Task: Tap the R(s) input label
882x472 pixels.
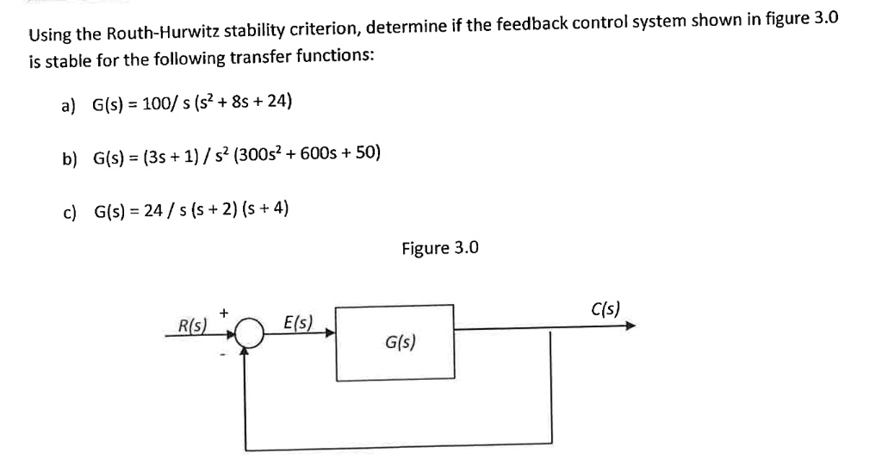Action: point(187,326)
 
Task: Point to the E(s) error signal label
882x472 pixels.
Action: point(297,325)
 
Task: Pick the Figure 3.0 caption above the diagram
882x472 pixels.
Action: point(439,248)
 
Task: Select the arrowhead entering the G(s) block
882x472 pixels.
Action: point(330,335)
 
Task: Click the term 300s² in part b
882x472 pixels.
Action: point(258,155)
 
